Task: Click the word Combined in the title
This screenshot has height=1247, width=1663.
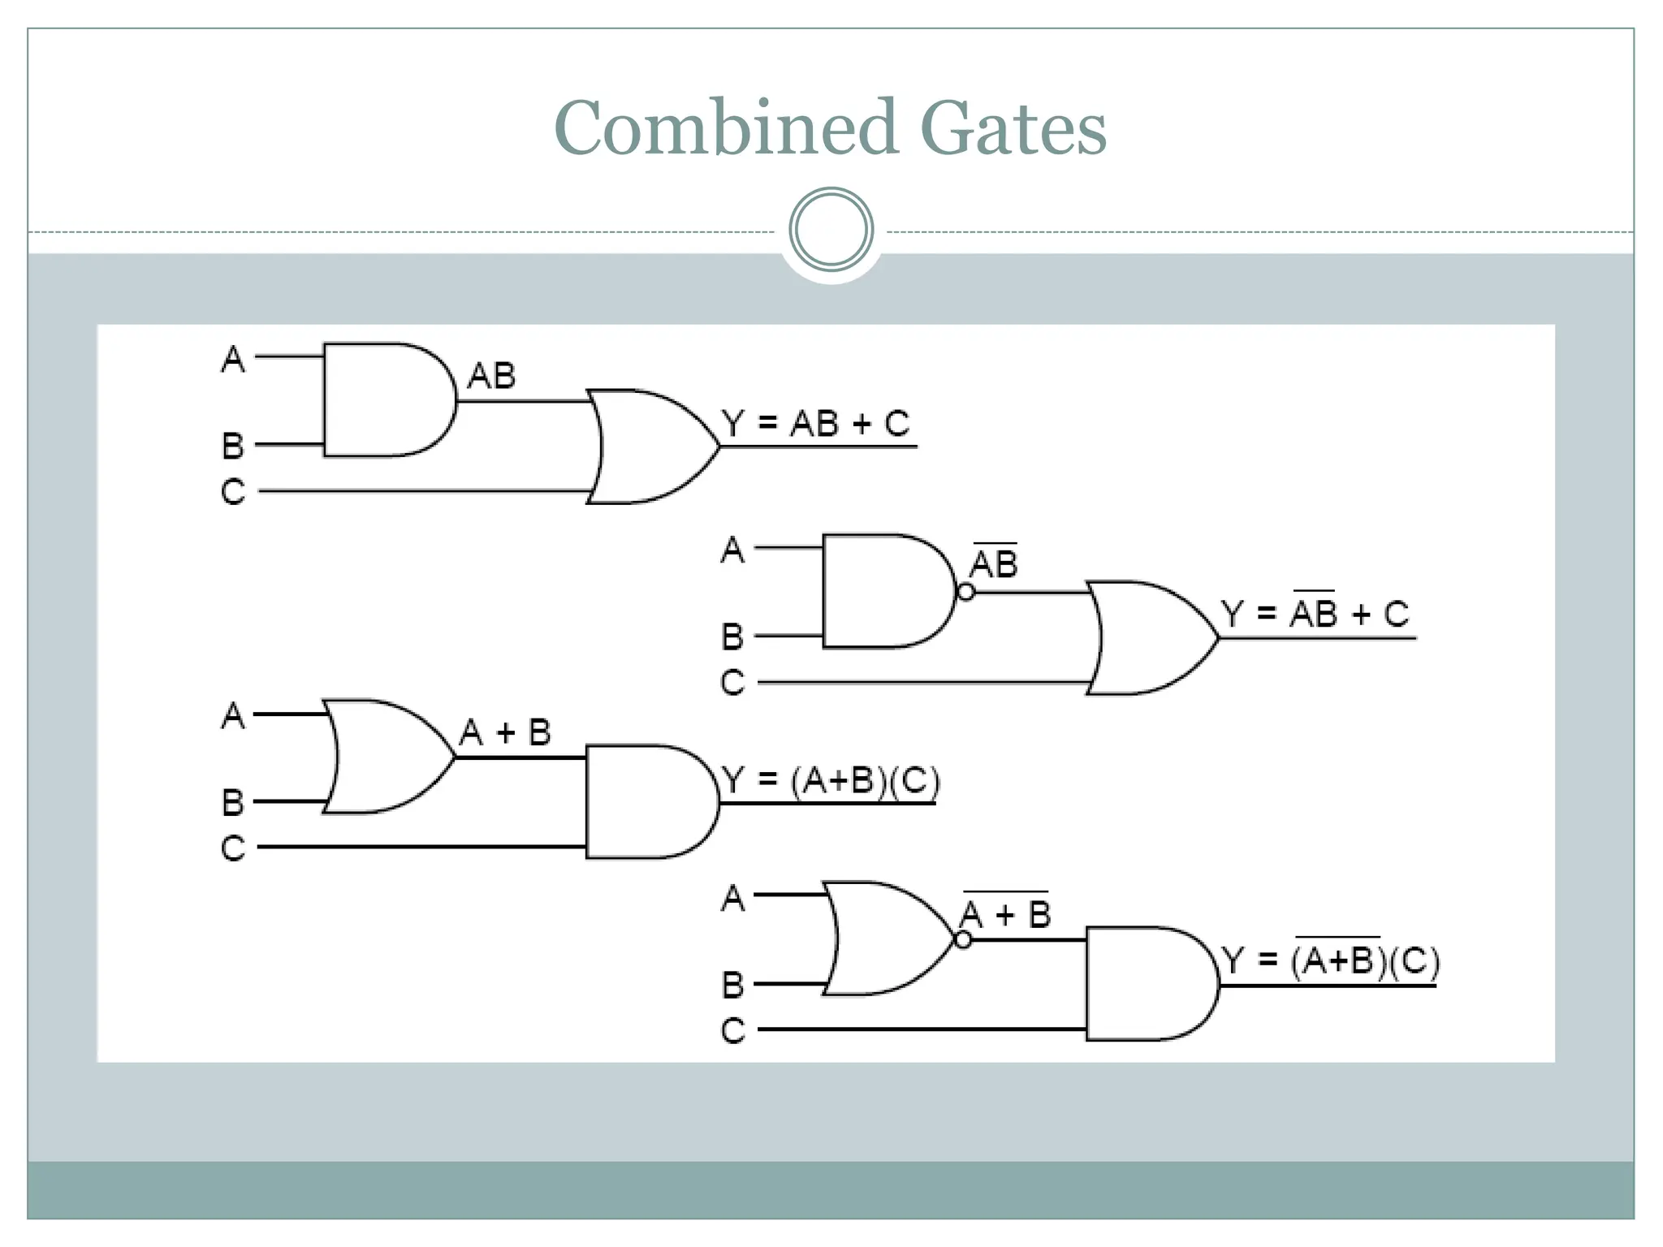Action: tap(726, 127)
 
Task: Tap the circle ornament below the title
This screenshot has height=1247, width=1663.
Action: tap(831, 230)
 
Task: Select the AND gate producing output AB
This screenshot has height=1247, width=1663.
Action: tap(386, 400)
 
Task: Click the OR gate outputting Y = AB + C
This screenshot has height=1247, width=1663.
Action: tap(650, 447)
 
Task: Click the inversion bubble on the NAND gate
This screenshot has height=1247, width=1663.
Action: tap(965, 592)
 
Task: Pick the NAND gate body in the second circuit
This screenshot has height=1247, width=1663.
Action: tap(885, 591)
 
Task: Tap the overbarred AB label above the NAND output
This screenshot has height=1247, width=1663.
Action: tap(994, 563)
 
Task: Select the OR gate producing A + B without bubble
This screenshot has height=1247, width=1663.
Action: tap(386, 757)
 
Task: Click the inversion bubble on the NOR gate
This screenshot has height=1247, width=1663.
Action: tap(963, 940)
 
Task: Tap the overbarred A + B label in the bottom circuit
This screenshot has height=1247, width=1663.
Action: tap(1005, 914)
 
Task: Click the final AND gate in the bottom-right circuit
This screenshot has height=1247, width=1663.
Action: tap(1148, 984)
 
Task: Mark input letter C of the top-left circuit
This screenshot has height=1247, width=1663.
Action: tap(233, 492)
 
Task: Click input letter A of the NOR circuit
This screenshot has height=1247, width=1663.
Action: tap(732, 899)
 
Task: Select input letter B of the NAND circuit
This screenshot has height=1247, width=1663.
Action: tap(732, 636)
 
